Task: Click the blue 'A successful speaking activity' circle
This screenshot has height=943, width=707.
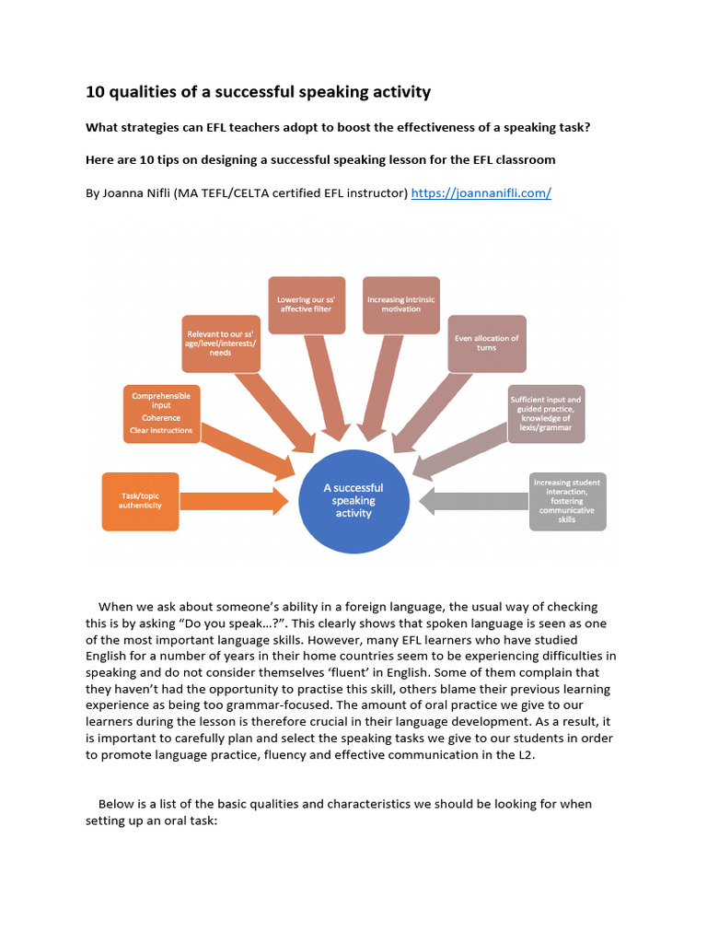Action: tap(353, 501)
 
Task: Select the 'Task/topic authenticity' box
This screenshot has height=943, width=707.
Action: tap(140, 501)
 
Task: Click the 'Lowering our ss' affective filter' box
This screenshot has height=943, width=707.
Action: tap(307, 304)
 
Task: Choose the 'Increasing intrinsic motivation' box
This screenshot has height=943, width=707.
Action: tap(400, 304)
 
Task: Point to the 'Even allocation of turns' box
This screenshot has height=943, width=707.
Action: tap(487, 343)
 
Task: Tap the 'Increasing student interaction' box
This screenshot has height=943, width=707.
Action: tap(568, 501)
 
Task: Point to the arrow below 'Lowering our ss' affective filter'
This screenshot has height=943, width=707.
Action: tap(327, 387)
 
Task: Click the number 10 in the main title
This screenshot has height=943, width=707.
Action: tap(94, 92)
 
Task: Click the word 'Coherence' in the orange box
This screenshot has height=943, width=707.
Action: tap(161, 417)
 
